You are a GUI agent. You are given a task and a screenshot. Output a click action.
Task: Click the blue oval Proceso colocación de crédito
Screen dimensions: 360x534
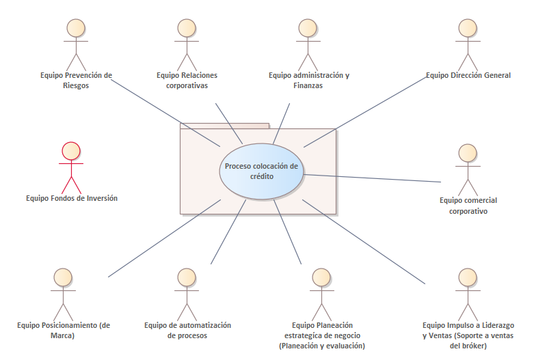click(x=262, y=171)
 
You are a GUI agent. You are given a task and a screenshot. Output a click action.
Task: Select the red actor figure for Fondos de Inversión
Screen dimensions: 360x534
click(x=71, y=167)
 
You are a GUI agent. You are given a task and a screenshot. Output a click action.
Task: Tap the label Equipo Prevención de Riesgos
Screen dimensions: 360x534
click(x=75, y=81)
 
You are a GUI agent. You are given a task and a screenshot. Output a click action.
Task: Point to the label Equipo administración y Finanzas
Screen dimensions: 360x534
click(x=308, y=81)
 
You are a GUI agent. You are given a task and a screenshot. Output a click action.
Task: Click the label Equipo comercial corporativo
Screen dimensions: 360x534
click(x=468, y=206)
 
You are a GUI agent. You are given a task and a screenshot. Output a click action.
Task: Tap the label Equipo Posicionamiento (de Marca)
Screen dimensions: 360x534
click(x=64, y=330)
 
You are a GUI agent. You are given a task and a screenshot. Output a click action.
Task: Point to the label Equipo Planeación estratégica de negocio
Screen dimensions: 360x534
click(x=322, y=335)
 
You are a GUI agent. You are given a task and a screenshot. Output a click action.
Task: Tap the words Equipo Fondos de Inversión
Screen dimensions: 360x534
click(x=72, y=198)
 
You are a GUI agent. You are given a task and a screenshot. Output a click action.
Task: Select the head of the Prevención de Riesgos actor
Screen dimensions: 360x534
click(x=76, y=28)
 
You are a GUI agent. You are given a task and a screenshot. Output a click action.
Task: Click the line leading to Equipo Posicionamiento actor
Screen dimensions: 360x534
click(x=164, y=238)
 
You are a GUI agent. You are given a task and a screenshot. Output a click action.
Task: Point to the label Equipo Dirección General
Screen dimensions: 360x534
click(x=468, y=76)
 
